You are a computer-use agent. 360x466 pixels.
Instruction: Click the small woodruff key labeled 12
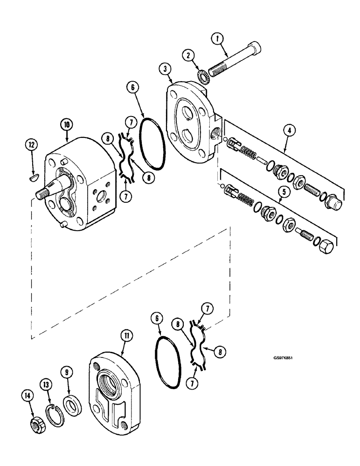coord(32,177)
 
